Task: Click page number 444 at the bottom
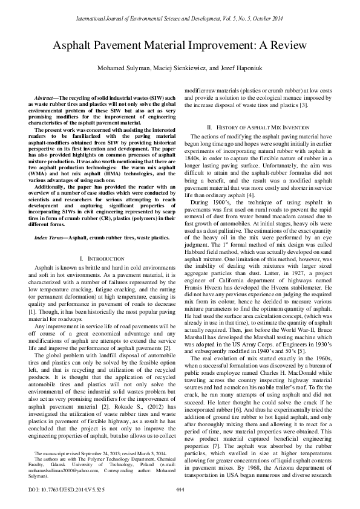click(x=180, y=488)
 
